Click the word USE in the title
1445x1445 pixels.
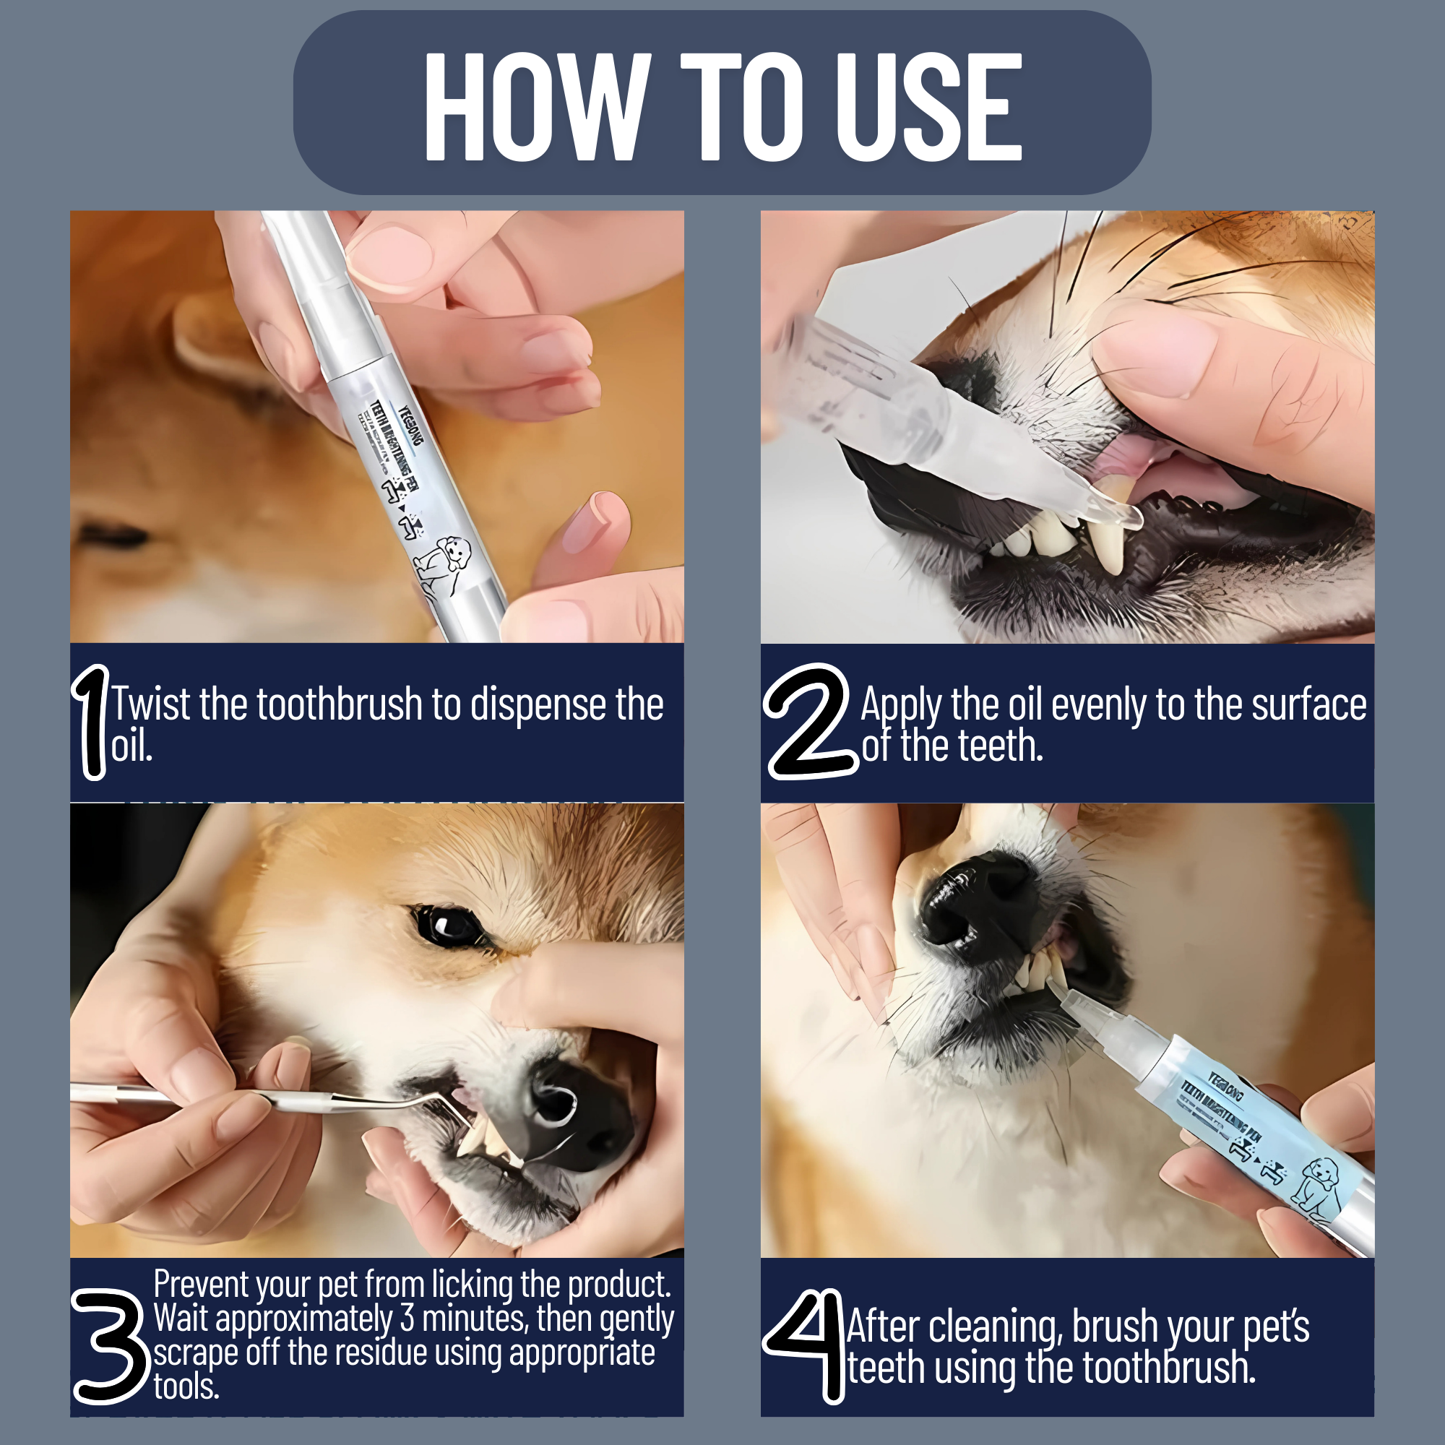tap(928, 107)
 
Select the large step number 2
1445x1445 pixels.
tap(808, 722)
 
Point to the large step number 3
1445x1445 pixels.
tap(110, 1346)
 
